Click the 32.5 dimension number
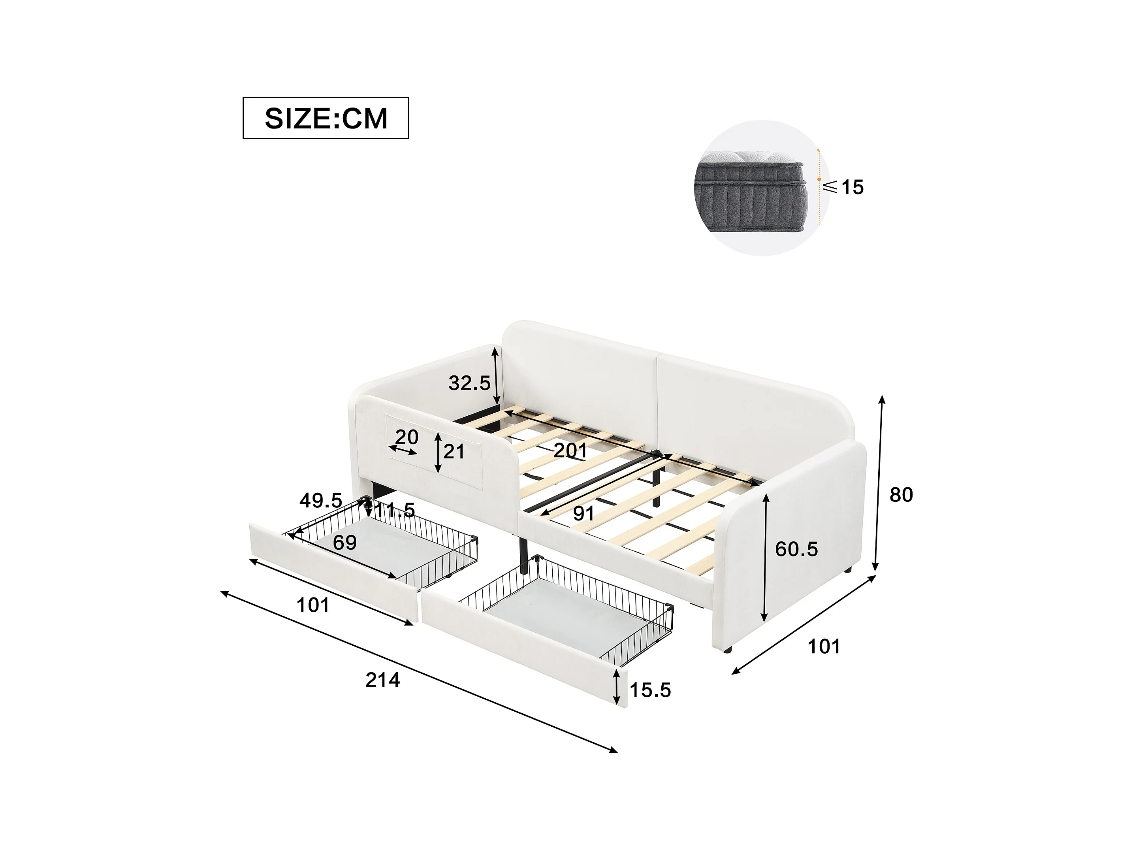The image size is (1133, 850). [469, 383]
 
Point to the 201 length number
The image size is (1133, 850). [570, 450]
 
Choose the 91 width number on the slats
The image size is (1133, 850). [583, 513]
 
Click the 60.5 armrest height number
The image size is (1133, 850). [796, 549]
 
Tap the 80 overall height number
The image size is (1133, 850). [902, 494]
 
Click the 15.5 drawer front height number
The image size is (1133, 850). [650, 690]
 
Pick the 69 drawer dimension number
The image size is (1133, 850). [345, 542]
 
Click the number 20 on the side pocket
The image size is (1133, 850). [407, 437]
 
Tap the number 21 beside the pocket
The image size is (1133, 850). [454, 451]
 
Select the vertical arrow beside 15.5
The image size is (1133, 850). [617, 688]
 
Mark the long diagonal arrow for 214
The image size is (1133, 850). [419, 672]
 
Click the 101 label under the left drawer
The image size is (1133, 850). [313, 605]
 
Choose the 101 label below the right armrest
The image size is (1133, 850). [824, 646]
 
